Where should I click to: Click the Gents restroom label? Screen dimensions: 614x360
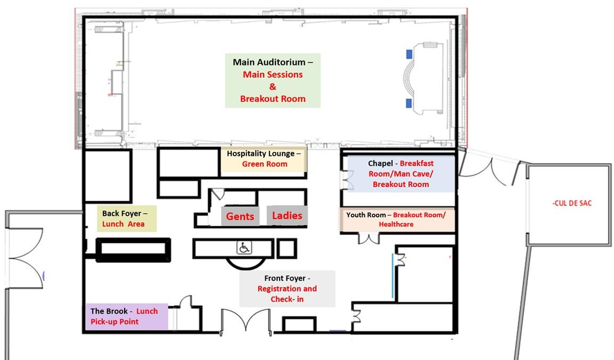coord(240,216)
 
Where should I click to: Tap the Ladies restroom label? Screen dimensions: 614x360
coord(287,216)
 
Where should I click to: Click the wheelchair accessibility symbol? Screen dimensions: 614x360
coord(244,248)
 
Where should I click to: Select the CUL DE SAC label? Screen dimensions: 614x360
coord(572,203)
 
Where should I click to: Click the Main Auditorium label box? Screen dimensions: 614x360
coord(273,80)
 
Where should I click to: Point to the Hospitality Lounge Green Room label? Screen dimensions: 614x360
coord(264,159)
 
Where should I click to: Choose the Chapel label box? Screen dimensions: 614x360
coord(401,174)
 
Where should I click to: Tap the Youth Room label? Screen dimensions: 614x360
coord(396,219)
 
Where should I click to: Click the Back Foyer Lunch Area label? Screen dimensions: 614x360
coord(127,218)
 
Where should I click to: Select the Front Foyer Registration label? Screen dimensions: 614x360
coord(287,289)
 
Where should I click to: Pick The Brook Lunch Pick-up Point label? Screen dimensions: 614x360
coord(127,316)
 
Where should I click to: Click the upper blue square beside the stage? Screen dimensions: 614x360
coord(409,54)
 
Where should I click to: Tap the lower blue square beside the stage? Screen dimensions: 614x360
coord(409,103)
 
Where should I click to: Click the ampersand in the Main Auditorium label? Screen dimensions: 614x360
coord(273,87)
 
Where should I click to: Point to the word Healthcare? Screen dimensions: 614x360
coord(396,224)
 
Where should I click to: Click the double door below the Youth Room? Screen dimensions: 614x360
coord(369,238)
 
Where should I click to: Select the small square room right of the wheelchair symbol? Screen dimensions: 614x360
coord(286,249)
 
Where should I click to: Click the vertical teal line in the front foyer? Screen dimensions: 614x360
coord(393,276)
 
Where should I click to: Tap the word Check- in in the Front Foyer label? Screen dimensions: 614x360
coord(287,299)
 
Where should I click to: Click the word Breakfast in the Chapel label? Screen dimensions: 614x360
coord(416,163)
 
